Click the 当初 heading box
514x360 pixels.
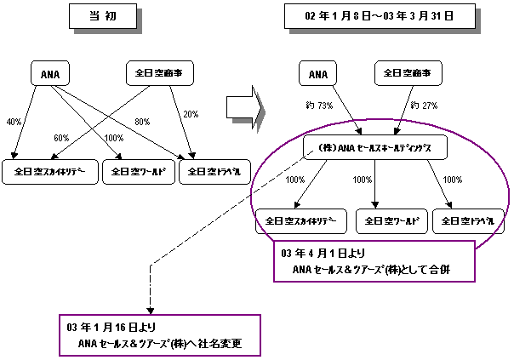(98, 19)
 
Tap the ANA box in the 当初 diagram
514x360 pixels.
(49, 74)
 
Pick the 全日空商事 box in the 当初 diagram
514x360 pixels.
(160, 74)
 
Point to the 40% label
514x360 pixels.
(14, 121)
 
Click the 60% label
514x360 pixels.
(61, 137)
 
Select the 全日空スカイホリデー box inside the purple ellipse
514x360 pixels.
(295, 220)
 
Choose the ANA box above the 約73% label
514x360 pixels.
(317, 74)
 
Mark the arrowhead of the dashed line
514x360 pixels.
(150, 310)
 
